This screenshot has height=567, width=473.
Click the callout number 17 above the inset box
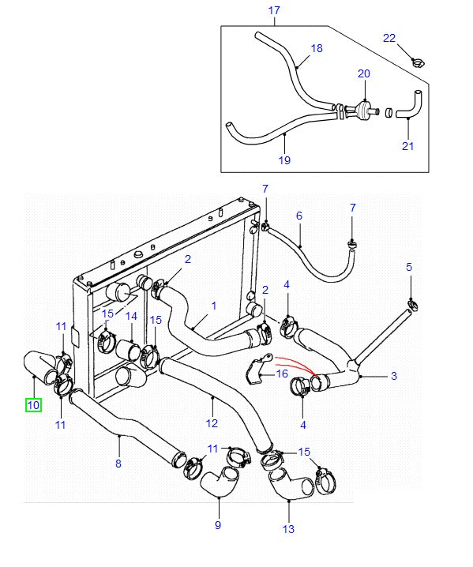pos(274,10)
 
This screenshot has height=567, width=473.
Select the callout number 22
pos(389,37)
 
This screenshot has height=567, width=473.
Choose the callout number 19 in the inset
pos(284,160)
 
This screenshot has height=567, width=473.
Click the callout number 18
pos(317,48)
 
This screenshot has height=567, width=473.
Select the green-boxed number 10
pos(32,405)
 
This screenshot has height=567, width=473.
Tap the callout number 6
pos(299,215)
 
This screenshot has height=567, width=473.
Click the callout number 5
pos(409,267)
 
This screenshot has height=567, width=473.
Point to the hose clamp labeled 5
pos(411,304)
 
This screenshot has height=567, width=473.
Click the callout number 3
pos(393,377)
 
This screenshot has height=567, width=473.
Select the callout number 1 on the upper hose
pos(213,305)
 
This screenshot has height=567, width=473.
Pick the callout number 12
pos(211,400)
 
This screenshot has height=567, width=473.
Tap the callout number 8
pos(118,464)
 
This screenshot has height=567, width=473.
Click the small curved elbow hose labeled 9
pos(219,483)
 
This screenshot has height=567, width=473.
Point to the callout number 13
pos(288,528)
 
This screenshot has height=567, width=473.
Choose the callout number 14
pos(131,316)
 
